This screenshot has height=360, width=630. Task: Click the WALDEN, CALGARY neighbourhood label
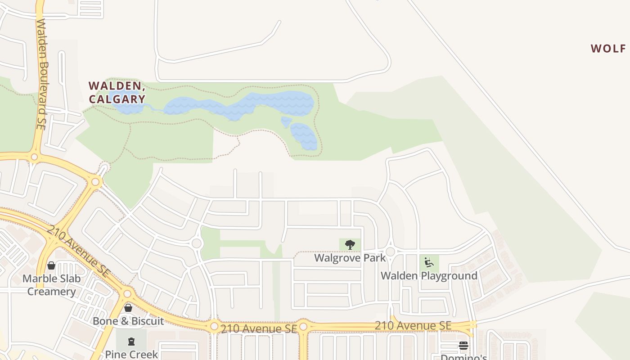pyautogui.click(x=117, y=92)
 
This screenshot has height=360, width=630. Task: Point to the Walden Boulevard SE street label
pyautogui.click(x=42, y=74)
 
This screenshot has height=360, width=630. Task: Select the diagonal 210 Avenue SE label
pyautogui.click(x=78, y=251)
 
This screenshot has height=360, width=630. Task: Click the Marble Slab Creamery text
pyautogui.click(x=52, y=285)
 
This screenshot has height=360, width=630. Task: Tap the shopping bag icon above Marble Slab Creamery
pyautogui.click(x=51, y=265)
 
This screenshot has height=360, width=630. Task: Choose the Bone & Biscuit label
pyautogui.click(x=128, y=321)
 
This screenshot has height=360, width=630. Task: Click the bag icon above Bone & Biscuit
pyautogui.click(x=128, y=308)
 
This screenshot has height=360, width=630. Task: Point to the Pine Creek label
pyautogui.click(x=131, y=354)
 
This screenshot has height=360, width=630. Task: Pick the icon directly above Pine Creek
pyautogui.click(x=131, y=342)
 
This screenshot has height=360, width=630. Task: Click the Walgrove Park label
pyautogui.click(x=350, y=258)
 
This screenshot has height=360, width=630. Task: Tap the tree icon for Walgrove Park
pyautogui.click(x=350, y=245)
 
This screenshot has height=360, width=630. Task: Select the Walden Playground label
pyautogui.click(x=429, y=275)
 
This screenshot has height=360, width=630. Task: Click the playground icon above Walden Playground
pyautogui.click(x=429, y=262)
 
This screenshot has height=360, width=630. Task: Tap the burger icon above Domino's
pyautogui.click(x=463, y=346)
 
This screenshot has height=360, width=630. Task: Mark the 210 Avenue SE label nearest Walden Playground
pyautogui.click(x=413, y=325)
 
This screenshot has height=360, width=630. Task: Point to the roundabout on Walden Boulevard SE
pyautogui.click(x=34, y=157)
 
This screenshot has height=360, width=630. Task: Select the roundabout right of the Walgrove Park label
pyautogui.click(x=390, y=252)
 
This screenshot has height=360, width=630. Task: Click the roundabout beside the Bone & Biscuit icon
pyautogui.click(x=127, y=294)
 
